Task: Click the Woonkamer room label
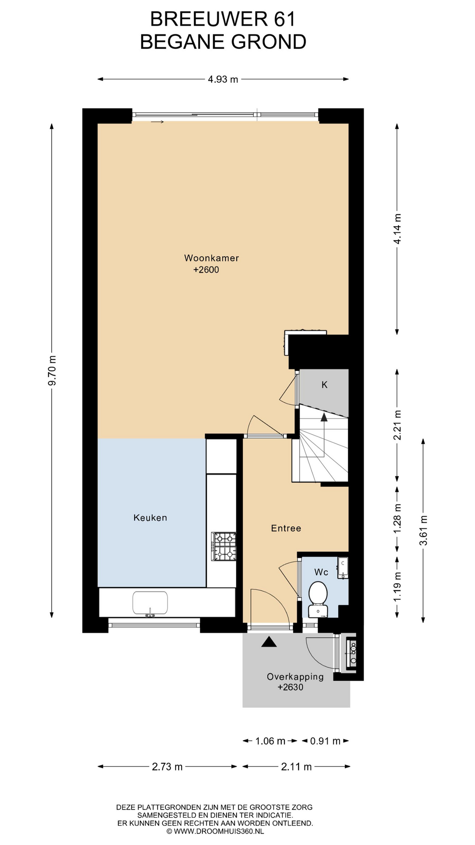(211, 258)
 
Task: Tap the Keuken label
(150, 518)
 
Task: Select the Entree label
(286, 529)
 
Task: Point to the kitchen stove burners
(224, 547)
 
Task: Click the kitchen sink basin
(150, 603)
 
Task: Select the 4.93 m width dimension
(223, 79)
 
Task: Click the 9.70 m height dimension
(52, 370)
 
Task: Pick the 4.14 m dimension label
(397, 229)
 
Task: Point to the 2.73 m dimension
(167, 767)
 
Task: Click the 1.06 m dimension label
(270, 741)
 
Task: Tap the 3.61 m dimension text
(423, 530)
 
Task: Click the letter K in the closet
(325, 385)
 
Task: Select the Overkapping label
(295, 677)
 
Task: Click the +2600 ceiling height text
(206, 270)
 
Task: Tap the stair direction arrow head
(324, 417)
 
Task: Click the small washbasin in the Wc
(343, 568)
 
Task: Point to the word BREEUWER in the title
(208, 19)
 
